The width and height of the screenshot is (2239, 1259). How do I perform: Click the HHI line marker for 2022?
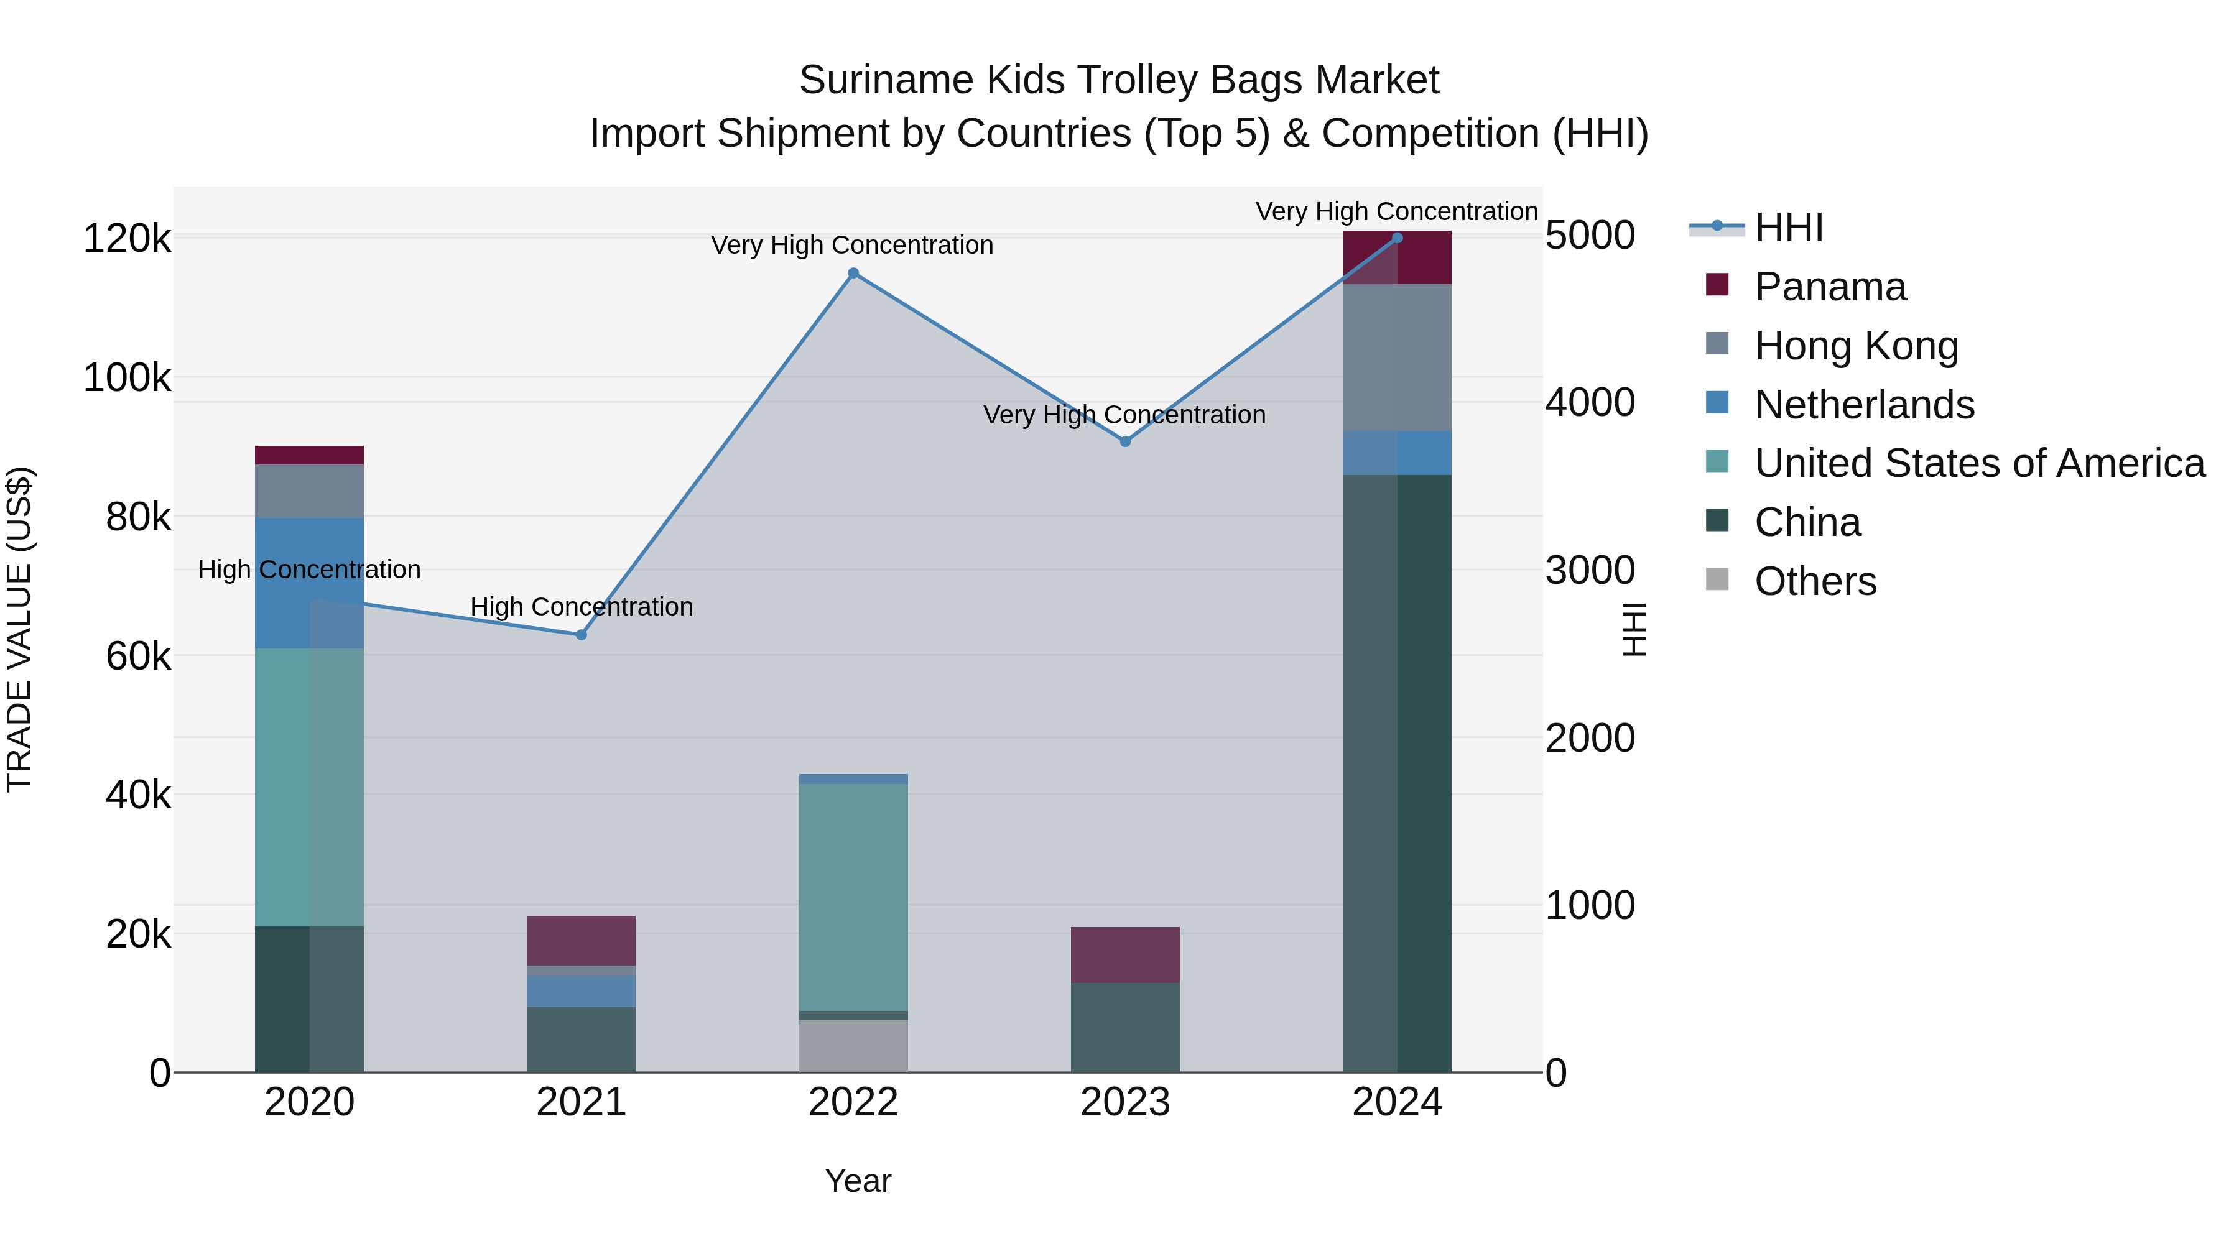coord(853,274)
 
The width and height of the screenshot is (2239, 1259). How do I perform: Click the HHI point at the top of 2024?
coord(1397,238)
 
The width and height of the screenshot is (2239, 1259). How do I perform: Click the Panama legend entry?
coord(1830,287)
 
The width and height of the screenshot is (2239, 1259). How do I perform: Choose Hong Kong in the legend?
coord(1856,346)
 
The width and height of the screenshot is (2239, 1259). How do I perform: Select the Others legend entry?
coord(1815,581)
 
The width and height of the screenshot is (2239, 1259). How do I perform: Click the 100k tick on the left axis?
coord(127,378)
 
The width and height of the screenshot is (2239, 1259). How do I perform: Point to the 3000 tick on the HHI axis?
coord(1590,571)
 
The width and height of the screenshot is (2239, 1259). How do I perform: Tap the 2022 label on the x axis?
coord(853,1102)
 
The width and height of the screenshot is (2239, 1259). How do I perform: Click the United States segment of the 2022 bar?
coord(853,895)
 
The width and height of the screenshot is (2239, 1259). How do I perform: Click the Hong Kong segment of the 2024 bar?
coord(1397,357)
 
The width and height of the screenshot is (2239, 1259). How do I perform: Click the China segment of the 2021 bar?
coord(582,1039)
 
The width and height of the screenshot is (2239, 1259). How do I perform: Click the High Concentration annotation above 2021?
coord(582,606)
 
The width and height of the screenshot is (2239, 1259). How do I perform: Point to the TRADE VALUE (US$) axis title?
coord(19,629)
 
